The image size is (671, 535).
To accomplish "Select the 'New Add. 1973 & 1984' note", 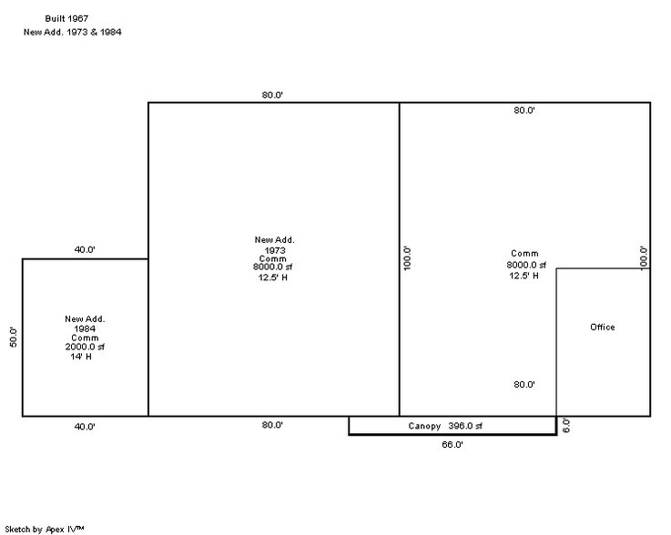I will [x=73, y=32].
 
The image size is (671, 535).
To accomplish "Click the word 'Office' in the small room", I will [x=602, y=328].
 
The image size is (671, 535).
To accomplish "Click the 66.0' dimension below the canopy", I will [x=452, y=445].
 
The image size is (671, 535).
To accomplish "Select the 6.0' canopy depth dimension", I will [x=565, y=424].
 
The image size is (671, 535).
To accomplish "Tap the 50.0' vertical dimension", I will [x=14, y=338].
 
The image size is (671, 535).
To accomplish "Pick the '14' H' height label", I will [x=81, y=357].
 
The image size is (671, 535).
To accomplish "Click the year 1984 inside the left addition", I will [x=85, y=328].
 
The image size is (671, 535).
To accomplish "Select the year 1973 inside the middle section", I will [x=275, y=249].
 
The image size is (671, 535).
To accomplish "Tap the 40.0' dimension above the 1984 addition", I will [x=84, y=249].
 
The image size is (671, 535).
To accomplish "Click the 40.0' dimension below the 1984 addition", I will [x=84, y=426].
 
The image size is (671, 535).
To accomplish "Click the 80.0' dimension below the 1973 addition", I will [x=272, y=425].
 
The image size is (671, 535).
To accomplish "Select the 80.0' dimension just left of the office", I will [x=524, y=385].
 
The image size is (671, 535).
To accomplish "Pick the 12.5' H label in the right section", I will [x=524, y=275].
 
